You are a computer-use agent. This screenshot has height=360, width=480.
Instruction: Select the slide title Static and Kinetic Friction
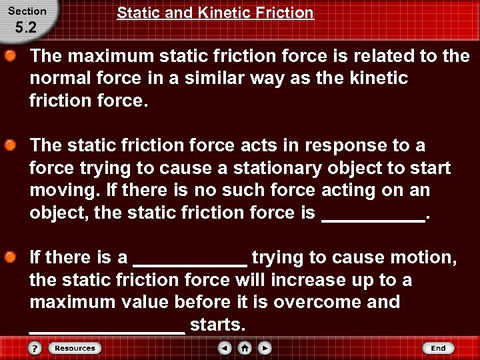pos(215,13)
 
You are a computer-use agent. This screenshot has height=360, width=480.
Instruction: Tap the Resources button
pos(74,348)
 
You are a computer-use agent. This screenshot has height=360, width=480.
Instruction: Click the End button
pos(438,348)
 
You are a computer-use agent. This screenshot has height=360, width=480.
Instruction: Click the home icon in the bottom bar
pos(245,348)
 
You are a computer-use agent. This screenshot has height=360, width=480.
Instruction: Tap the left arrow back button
pos(225,348)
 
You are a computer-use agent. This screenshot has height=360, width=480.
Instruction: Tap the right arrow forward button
pos(265,348)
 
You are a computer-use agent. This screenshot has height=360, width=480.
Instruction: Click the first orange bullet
pos(11,55)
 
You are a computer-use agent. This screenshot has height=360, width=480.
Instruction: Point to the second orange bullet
pos(11,145)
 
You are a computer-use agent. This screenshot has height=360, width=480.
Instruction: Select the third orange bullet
pos(11,257)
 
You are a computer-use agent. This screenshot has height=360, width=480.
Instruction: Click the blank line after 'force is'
pos(373,219)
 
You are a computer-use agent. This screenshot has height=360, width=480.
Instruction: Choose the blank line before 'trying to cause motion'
pos(190,263)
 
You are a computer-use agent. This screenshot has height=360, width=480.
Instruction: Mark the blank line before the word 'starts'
pos(107,331)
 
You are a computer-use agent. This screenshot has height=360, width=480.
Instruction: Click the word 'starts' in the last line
pos(217,325)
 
